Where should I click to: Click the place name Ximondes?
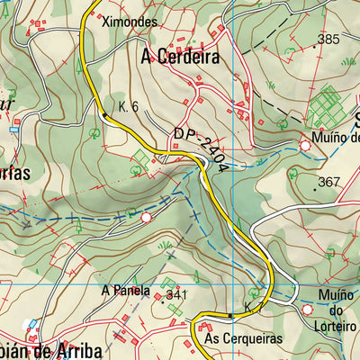(x=130, y=21)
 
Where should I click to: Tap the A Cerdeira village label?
(x=181, y=56)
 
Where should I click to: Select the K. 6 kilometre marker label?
(x=127, y=106)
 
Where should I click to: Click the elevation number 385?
(x=328, y=39)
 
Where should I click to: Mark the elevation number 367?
(x=329, y=182)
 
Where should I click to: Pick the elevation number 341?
(x=176, y=295)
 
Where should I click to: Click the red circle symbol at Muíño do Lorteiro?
(x=307, y=309)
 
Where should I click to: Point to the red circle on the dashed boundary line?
(x=146, y=217)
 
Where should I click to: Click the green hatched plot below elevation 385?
(x=325, y=105)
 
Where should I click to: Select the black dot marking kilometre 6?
(x=105, y=115)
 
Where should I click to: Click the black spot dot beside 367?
(x=315, y=189)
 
